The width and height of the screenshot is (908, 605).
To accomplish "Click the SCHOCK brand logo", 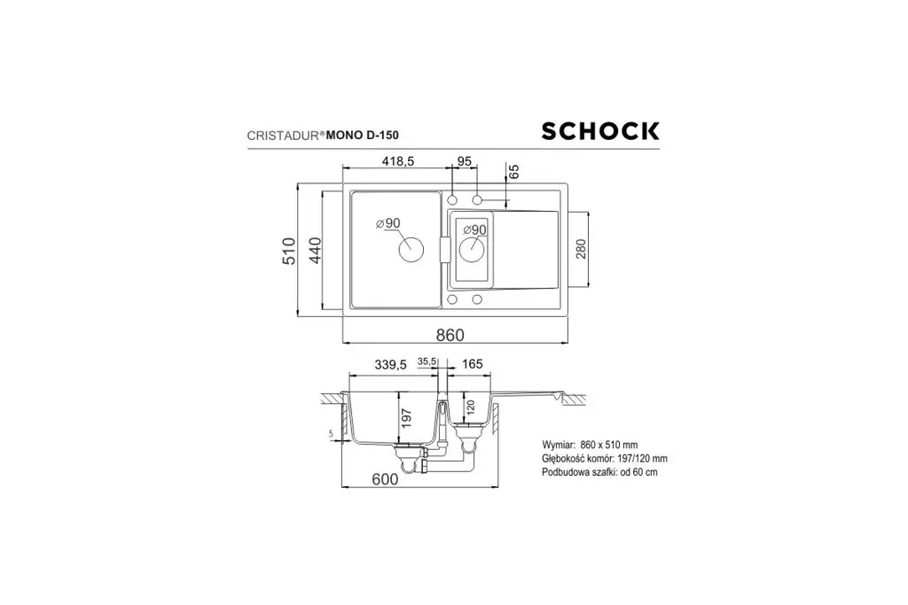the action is point(600,131).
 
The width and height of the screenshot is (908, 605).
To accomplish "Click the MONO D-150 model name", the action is point(363,136).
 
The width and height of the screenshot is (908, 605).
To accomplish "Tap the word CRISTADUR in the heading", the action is point(283,136).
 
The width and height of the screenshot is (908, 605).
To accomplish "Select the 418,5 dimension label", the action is point(398,161).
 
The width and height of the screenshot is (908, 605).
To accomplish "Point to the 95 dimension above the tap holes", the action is point(465,161).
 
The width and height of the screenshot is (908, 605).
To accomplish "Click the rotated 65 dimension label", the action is point(513,171).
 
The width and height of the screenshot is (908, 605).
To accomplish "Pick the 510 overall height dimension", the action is point(289,251).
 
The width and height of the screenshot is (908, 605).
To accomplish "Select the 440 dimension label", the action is point(315,251).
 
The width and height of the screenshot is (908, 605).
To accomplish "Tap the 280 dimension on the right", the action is point(582,249).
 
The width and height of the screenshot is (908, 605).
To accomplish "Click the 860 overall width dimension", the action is point(450,335).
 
